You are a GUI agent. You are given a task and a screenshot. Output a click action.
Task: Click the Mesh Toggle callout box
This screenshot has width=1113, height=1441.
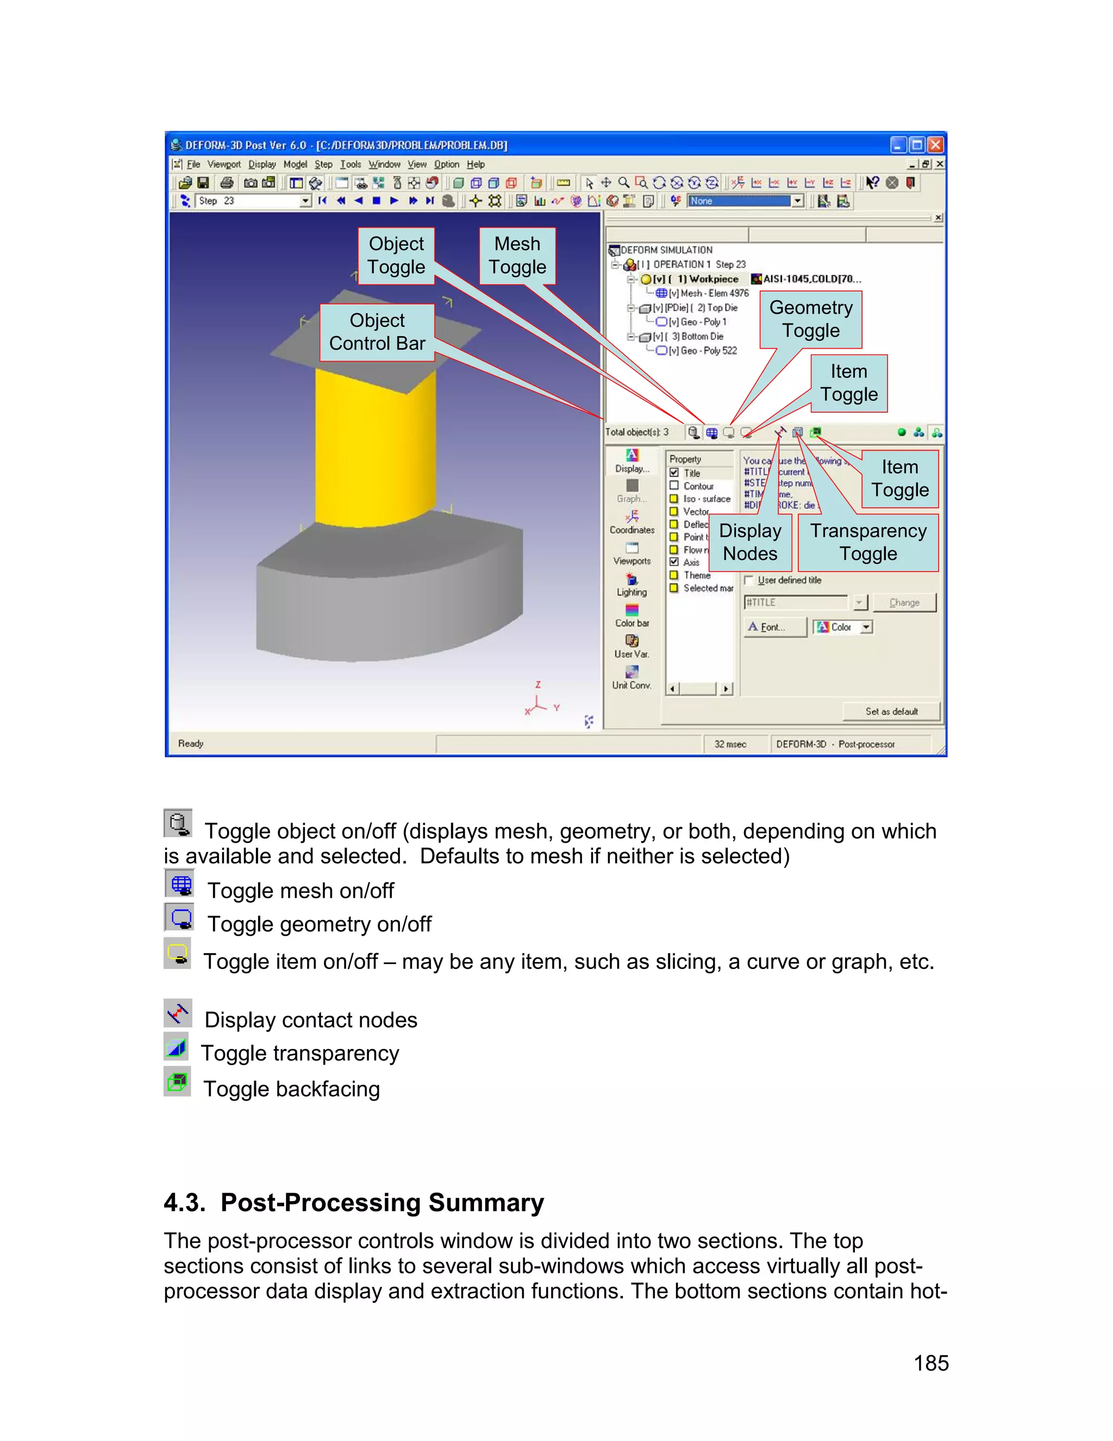pos(517,256)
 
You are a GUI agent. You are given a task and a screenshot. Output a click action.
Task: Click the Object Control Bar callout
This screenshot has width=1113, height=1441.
pos(377,332)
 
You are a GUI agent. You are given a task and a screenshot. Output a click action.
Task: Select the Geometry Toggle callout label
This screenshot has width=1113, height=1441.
pos(810,319)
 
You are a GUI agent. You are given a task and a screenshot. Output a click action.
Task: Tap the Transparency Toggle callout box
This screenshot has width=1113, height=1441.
pos(868,542)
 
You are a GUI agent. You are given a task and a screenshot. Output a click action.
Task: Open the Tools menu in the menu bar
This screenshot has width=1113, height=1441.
pos(350,164)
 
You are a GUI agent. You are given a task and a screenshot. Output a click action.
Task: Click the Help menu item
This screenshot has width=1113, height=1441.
pos(476,164)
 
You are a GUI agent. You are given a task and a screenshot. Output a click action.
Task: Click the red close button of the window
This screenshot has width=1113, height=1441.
pos(936,145)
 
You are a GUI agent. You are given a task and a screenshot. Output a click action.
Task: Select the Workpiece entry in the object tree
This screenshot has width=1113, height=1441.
pos(714,279)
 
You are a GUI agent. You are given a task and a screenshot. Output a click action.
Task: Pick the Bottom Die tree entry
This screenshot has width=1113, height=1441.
pos(702,337)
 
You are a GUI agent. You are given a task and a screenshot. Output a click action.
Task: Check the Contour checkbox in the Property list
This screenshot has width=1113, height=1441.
pos(674,486)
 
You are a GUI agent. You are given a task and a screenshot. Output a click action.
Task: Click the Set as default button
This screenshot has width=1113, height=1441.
pos(891,711)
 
